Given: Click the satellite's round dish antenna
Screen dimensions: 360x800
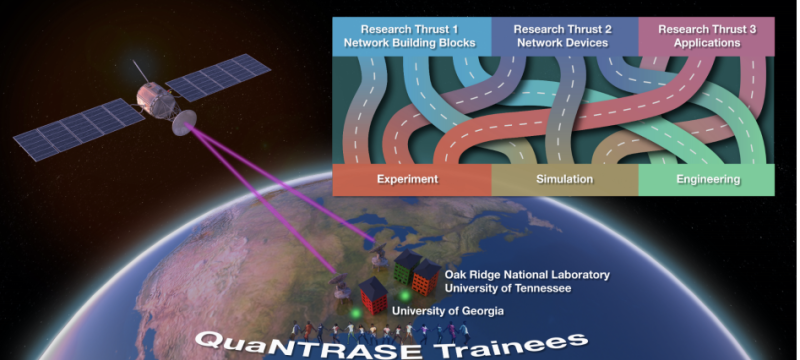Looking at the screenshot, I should tap(185, 124).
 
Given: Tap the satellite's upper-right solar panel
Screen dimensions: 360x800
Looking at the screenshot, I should tap(219, 77).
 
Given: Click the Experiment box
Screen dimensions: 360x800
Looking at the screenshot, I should tap(409, 180).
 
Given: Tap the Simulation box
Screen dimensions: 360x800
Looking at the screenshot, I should tap(565, 180).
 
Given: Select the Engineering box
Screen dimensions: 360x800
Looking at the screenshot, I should tap(706, 180).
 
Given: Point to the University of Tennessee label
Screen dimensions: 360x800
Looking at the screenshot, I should tap(507, 288).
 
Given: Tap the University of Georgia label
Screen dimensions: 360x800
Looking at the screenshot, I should tap(448, 312).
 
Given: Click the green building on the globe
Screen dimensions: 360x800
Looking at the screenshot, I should tap(405, 267).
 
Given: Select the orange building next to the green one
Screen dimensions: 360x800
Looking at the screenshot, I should tap(424, 277).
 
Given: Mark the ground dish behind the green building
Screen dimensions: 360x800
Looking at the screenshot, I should tap(384, 244).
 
